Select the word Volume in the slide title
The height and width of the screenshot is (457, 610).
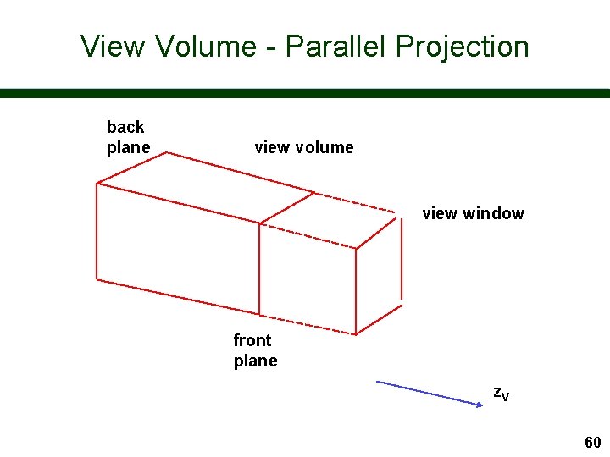click(x=206, y=46)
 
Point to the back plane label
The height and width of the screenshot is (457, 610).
click(x=128, y=137)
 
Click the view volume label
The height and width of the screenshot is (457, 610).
click(x=303, y=147)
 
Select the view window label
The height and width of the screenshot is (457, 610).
click(x=473, y=213)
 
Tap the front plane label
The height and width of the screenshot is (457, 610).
click(x=255, y=350)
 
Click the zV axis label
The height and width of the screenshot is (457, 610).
click(x=502, y=393)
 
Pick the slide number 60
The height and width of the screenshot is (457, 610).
click(x=592, y=443)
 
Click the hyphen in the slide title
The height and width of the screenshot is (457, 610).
click(x=270, y=47)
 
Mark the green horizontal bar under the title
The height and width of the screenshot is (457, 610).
click(x=305, y=93)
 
